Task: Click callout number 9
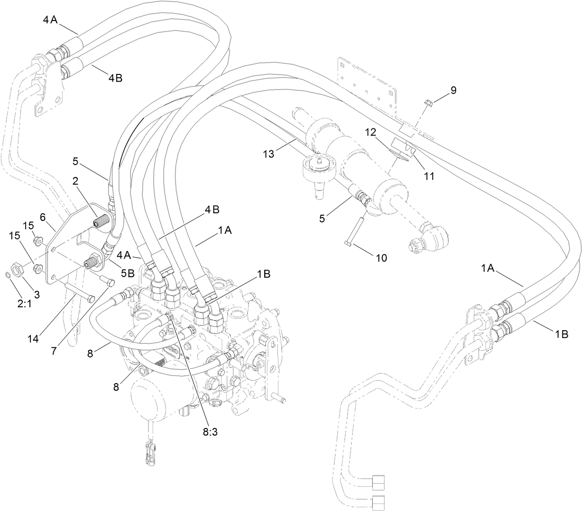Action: [453, 91]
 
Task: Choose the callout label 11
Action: [429, 176]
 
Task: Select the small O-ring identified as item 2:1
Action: [6, 275]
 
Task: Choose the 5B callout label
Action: [127, 273]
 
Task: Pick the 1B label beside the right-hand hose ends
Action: [561, 334]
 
